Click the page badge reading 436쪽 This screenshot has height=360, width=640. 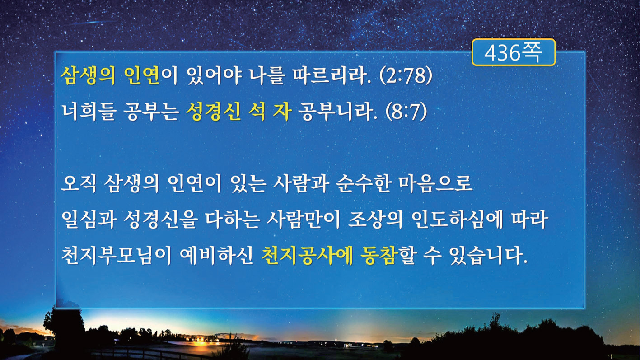[514, 52]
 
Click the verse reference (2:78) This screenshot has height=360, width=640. [406, 76]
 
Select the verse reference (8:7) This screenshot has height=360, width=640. [406, 112]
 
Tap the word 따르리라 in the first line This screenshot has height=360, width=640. [331, 76]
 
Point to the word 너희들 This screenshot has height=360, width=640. [89, 112]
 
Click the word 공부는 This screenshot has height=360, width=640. [151, 112]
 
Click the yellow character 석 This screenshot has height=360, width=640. [257, 112]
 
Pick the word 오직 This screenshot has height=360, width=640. [79, 183]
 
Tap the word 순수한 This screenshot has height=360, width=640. [363, 183]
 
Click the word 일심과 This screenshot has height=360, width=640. [89, 220]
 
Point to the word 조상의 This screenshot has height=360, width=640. [375, 220]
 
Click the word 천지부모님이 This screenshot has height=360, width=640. [116, 255]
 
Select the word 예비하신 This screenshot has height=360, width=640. [217, 255]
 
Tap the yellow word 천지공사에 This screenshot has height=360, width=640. [307, 255]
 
